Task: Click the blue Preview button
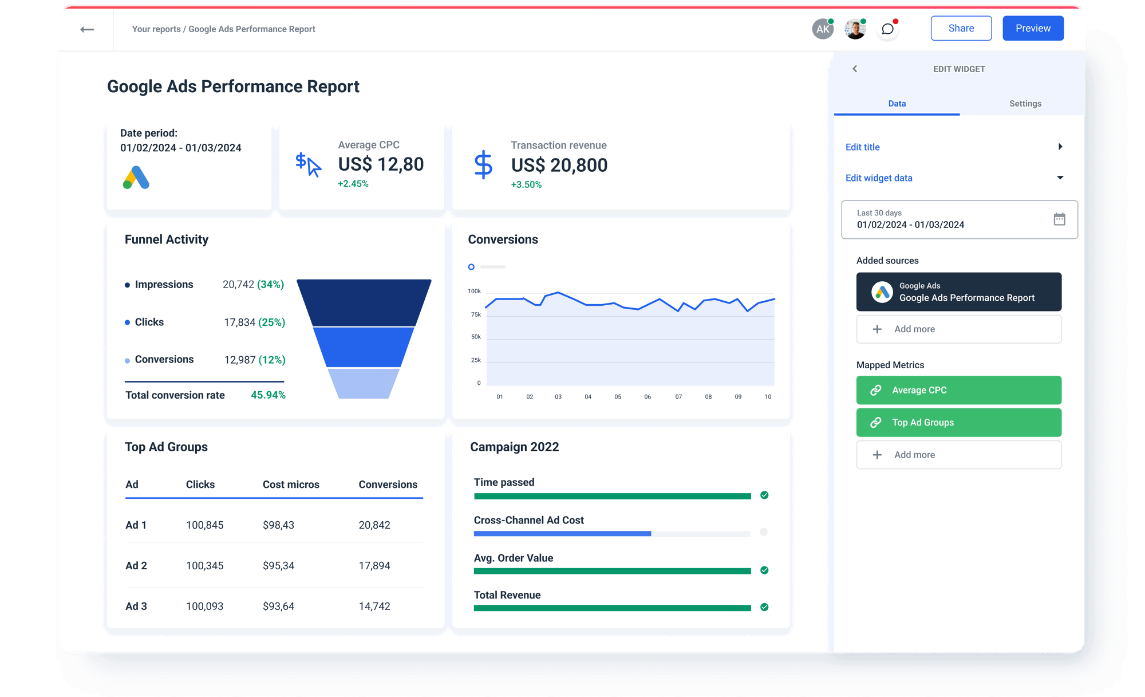click(1033, 28)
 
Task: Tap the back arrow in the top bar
click(87, 29)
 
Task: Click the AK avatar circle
click(823, 29)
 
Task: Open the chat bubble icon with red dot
click(887, 29)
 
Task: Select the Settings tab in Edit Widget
click(1025, 104)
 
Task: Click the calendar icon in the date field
click(1059, 219)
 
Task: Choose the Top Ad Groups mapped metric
click(958, 423)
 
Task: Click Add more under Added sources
click(958, 329)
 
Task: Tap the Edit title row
click(953, 147)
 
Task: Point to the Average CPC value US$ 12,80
click(381, 164)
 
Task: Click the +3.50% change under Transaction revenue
click(526, 184)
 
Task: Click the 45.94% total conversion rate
click(268, 395)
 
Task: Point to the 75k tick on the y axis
click(476, 314)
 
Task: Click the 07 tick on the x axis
click(678, 397)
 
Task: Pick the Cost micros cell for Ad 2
click(278, 566)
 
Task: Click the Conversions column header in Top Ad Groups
click(388, 485)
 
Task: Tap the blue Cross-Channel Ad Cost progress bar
click(562, 534)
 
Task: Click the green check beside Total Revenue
click(764, 607)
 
